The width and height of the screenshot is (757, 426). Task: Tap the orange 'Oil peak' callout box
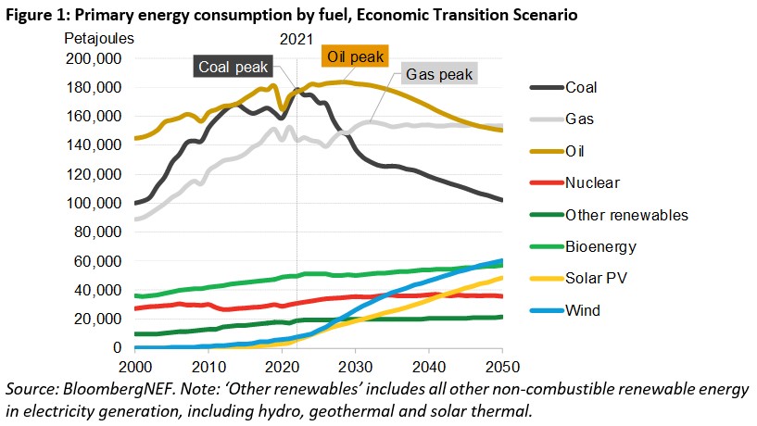pos(355,56)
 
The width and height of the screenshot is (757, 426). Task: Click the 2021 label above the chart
pos(296,38)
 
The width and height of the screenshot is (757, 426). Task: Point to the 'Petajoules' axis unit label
pos(99,38)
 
